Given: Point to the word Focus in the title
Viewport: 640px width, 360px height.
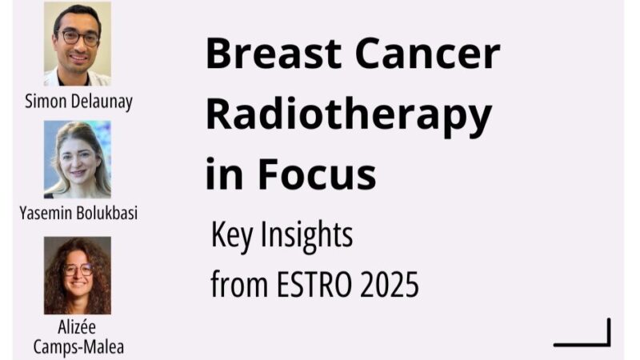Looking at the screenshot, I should tap(316, 174).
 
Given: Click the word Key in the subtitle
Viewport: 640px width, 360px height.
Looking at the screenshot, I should tap(231, 238).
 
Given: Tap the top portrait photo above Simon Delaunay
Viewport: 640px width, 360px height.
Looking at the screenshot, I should tap(78, 43).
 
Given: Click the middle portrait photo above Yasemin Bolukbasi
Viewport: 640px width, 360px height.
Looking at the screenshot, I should tap(78, 159).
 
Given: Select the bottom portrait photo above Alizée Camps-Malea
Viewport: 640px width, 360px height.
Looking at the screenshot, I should tap(78, 275).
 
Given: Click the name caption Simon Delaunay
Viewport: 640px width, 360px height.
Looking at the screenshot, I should tap(78, 102).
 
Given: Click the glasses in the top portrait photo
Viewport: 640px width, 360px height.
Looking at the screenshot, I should tap(78, 38).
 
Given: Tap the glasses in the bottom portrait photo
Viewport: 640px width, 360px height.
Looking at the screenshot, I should tap(78, 269).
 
